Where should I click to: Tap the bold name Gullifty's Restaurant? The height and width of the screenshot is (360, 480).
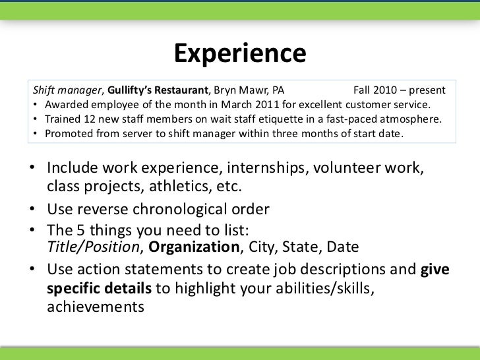click(x=158, y=89)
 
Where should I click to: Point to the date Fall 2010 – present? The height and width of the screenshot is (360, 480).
click(x=399, y=89)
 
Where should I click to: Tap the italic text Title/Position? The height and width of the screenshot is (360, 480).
click(x=95, y=247)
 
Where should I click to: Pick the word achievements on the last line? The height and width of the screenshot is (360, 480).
click(x=95, y=307)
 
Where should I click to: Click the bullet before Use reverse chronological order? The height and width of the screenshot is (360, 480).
click(x=33, y=211)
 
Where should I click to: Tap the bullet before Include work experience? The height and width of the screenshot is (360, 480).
click(x=33, y=169)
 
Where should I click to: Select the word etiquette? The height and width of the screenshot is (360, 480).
click(x=267, y=119)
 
